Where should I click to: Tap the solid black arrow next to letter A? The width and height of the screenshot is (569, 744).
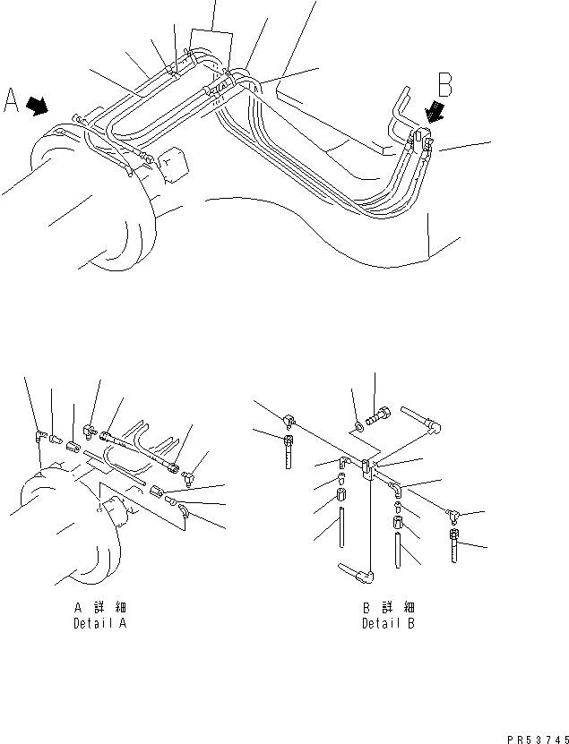[38, 107]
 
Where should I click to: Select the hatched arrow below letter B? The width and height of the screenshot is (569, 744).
[436, 110]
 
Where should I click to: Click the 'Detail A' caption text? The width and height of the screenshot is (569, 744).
[99, 623]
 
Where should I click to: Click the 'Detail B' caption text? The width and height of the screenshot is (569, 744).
[388, 623]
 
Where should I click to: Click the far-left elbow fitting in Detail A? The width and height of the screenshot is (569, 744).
[39, 436]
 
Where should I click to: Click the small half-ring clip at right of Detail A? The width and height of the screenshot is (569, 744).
[183, 512]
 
